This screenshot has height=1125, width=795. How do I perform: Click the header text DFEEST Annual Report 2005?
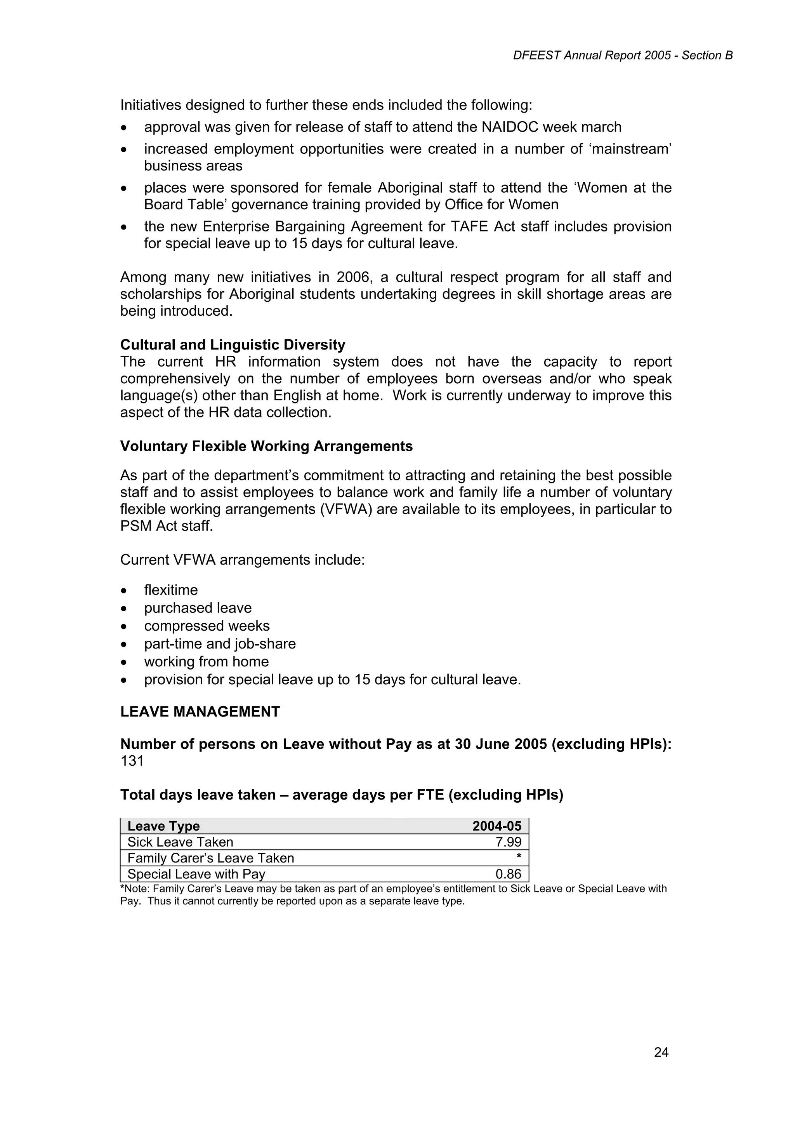click(592, 56)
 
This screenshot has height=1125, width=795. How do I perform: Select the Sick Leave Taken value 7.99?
click(509, 842)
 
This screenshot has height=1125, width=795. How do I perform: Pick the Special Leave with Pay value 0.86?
click(509, 874)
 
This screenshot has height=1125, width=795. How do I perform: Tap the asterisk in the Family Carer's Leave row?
click(519, 857)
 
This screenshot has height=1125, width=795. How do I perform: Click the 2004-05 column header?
click(497, 826)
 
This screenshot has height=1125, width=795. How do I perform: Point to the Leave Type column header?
click(163, 826)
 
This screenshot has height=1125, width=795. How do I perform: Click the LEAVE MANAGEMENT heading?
click(200, 712)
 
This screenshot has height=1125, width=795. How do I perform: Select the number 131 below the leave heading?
click(132, 761)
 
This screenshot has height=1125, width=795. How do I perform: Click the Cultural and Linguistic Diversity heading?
click(233, 345)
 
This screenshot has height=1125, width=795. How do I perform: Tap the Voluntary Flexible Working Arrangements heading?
click(266, 446)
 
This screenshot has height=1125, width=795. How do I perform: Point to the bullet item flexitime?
click(171, 590)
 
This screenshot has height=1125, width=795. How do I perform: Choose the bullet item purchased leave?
click(198, 608)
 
